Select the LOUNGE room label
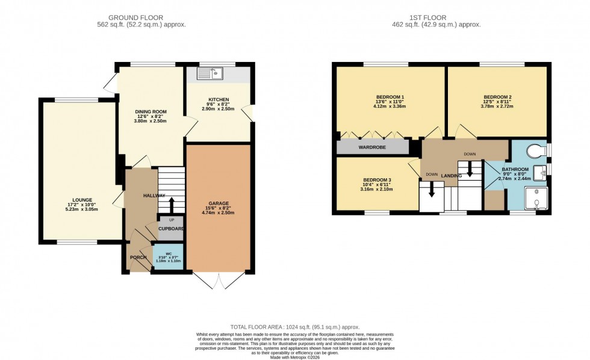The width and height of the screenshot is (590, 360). (82, 199)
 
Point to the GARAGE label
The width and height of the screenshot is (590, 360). (219, 203)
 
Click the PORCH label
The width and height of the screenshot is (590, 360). (138, 258)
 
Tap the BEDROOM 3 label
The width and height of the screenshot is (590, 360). (377, 180)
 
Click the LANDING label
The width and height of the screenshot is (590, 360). (451, 176)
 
